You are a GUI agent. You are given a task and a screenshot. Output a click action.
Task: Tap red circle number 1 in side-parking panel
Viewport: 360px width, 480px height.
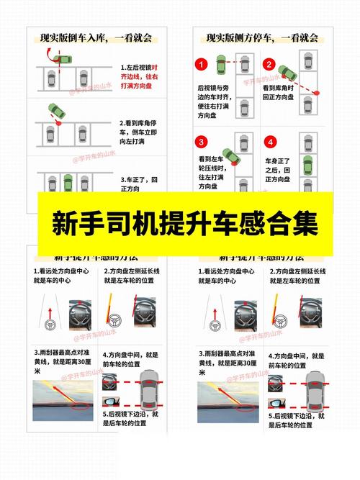click(x=202, y=65)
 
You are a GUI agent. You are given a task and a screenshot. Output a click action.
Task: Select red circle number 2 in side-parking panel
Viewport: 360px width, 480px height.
click(x=269, y=65)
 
